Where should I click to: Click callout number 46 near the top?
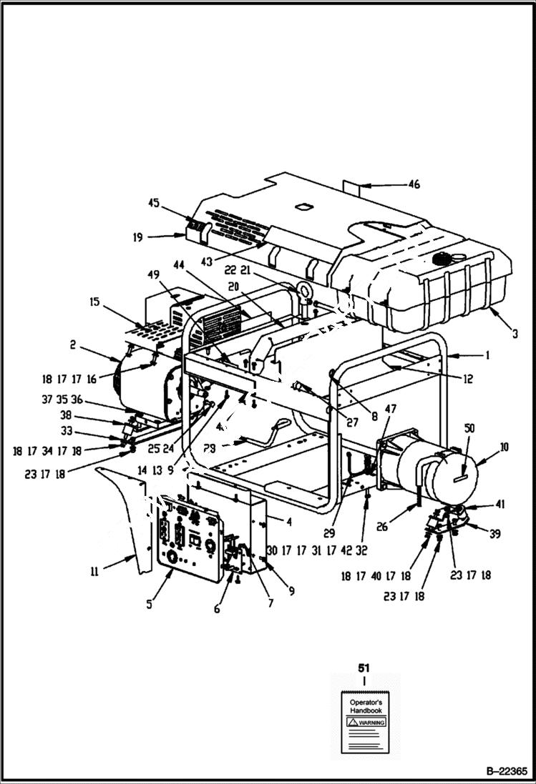point(414,184)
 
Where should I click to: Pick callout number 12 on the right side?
point(467,379)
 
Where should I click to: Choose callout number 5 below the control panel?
point(150,604)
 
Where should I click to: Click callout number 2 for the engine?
point(73,344)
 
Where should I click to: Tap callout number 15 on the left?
point(95,302)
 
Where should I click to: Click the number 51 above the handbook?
point(364,668)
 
